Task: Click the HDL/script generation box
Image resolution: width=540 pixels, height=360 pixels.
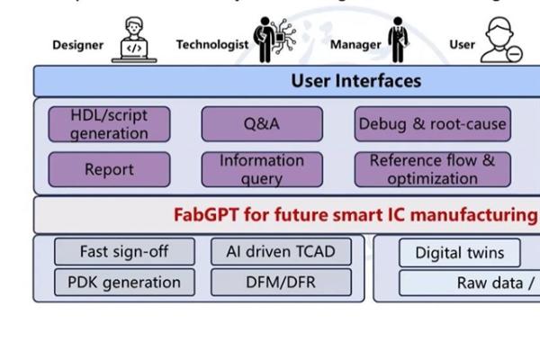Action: [108, 124]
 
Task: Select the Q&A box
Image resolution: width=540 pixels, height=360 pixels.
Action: [261, 124]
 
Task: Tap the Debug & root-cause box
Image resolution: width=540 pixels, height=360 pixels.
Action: [432, 124]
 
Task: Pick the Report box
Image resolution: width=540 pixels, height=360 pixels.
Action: [108, 169]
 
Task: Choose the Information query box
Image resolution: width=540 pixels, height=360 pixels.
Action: [261, 169]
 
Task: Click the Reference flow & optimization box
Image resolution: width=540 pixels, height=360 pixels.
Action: [432, 169]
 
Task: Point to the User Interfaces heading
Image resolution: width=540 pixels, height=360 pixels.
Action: [355, 81]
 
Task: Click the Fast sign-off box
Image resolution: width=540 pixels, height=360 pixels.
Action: [124, 252]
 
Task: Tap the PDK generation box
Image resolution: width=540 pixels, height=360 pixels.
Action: [124, 283]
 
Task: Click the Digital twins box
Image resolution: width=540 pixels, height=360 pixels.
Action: [460, 253]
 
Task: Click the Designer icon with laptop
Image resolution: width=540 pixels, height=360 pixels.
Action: [134, 41]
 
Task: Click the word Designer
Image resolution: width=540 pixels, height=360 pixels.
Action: [78, 45]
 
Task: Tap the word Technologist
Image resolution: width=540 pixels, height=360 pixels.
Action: [212, 44]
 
